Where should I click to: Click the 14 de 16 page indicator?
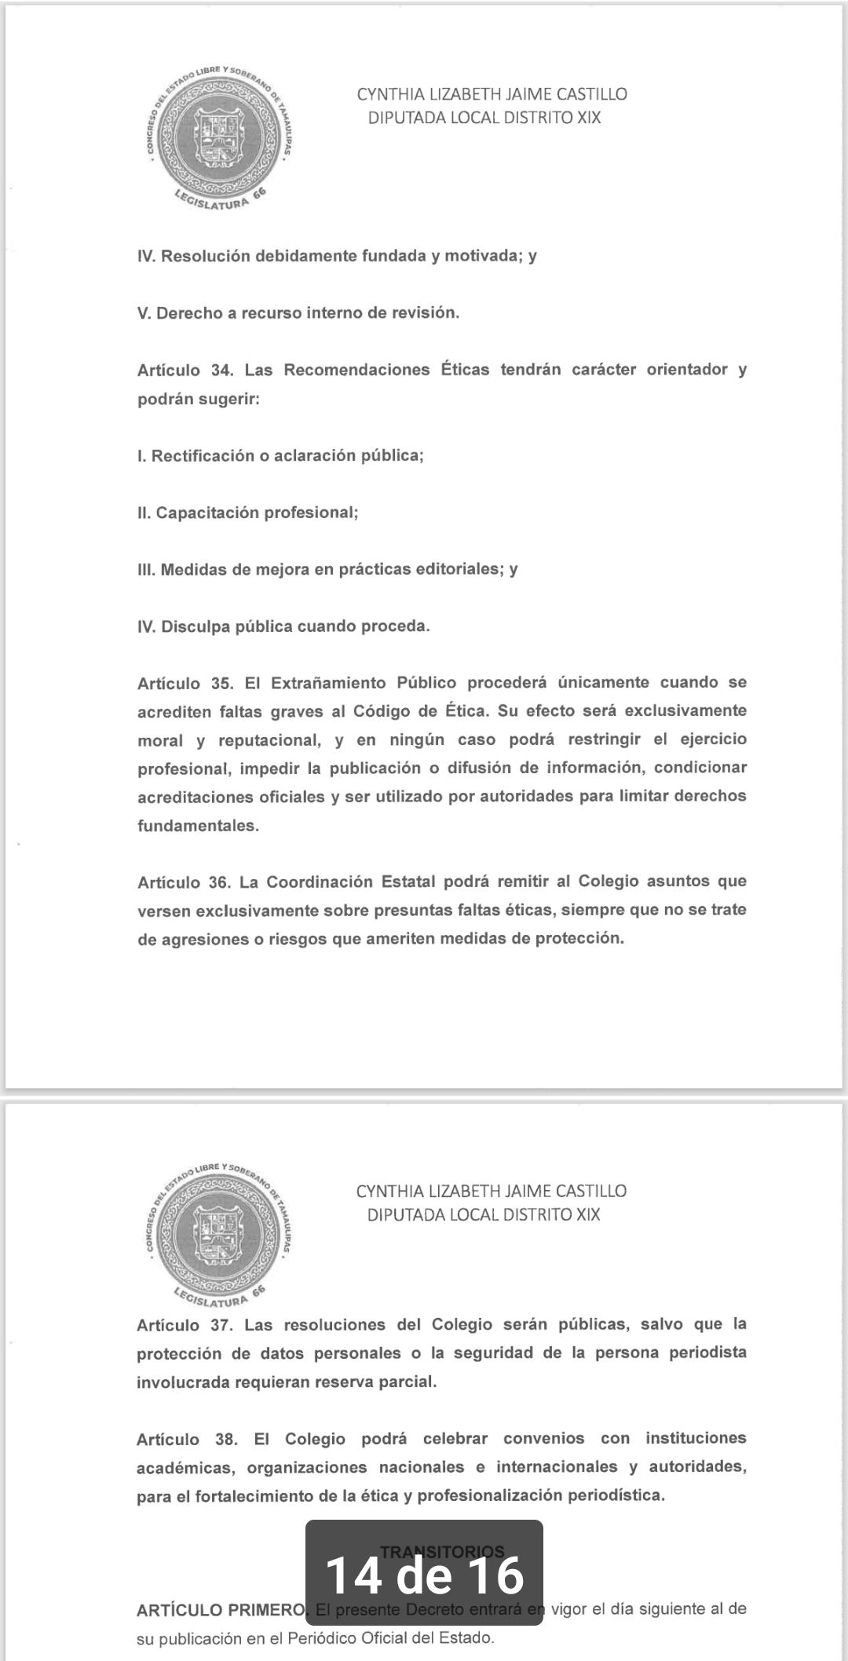[x=424, y=1575]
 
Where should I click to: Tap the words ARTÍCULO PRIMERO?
[x=221, y=1611]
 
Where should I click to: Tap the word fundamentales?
[x=197, y=826]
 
